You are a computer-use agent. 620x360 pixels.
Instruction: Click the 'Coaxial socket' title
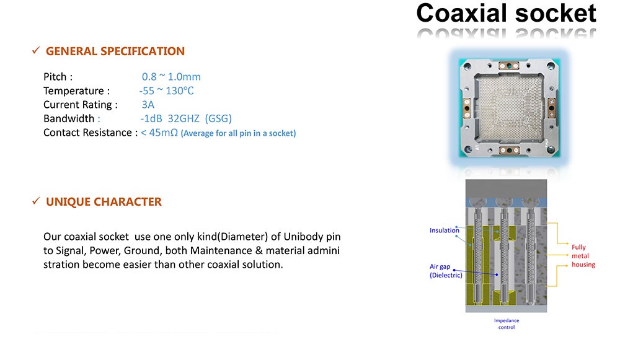506,13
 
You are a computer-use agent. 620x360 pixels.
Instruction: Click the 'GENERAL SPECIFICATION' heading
115,51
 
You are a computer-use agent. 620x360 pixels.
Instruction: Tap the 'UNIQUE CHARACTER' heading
104,202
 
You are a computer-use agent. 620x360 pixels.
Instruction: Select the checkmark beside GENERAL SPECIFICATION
36,51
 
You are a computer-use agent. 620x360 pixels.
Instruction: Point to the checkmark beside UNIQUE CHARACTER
36,201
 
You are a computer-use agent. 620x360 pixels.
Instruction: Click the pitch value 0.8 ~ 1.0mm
171,77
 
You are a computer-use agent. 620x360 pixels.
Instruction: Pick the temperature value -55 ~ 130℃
166,91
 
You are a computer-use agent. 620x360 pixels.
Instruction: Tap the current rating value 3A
148,105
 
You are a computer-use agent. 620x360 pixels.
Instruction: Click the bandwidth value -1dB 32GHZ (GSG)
186,118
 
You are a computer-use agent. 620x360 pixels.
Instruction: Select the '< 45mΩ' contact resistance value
159,133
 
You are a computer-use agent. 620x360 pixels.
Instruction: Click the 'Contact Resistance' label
87,133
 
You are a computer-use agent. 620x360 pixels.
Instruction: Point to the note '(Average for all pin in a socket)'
239,134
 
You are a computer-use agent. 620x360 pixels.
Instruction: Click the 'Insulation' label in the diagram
445,230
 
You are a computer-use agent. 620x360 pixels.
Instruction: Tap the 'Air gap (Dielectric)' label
446,271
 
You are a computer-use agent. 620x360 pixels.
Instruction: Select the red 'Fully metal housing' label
583,256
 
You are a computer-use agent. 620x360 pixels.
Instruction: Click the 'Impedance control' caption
507,324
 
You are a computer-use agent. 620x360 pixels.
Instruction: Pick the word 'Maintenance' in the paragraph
219,250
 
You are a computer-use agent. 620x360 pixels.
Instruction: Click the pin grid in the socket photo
509,108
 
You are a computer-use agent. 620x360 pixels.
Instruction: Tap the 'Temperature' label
74,91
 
